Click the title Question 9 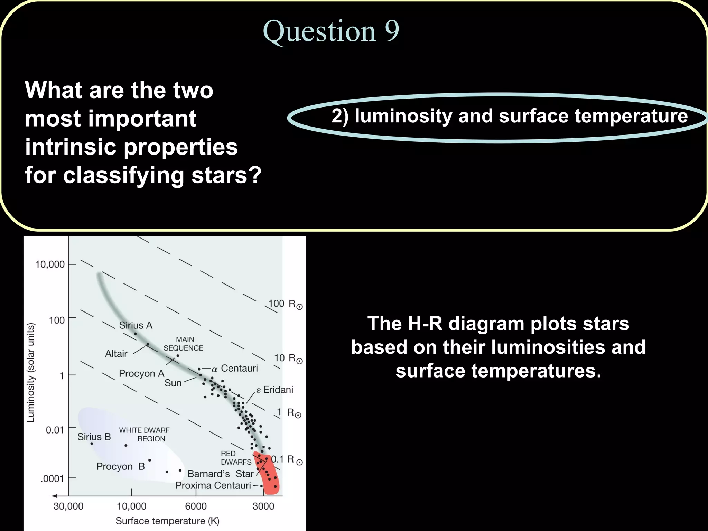coord(331,31)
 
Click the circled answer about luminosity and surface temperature coord(509,116)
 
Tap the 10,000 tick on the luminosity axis coord(50,264)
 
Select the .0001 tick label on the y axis coord(52,479)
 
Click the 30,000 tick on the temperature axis coord(68,506)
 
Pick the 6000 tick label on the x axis coord(196,506)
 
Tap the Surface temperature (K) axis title coord(167,521)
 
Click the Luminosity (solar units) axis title coord(31,372)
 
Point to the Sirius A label coord(136,325)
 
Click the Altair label coord(116,354)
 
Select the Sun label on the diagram coord(173,383)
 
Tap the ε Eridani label coord(274,390)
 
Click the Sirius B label coord(94,437)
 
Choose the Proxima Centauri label coord(213,486)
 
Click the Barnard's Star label coord(221,474)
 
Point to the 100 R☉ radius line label coord(285,304)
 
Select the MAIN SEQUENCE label coord(184,344)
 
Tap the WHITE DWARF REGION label coord(145,435)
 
